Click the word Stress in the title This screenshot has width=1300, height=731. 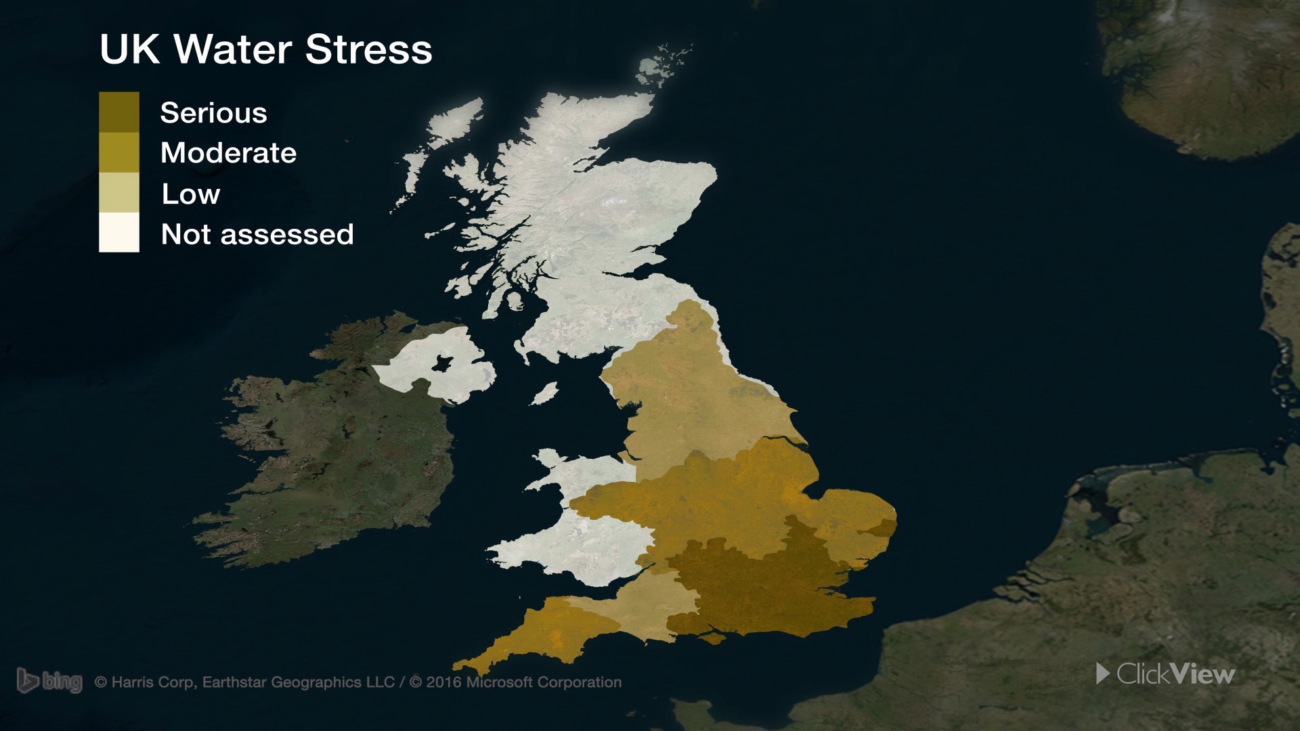click(x=368, y=49)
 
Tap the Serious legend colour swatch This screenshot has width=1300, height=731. click(x=119, y=112)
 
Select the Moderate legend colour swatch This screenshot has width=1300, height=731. click(x=119, y=152)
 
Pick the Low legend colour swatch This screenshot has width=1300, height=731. click(x=119, y=193)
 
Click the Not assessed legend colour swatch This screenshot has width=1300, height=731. click(x=119, y=233)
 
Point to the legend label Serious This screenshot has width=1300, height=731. click(x=213, y=113)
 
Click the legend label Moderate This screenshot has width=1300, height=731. click(x=228, y=153)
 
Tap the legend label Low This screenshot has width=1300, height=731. click(x=190, y=194)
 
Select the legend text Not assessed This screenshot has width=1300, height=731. click(x=257, y=234)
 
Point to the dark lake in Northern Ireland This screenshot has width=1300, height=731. click(x=443, y=363)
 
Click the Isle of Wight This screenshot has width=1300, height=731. click(x=713, y=637)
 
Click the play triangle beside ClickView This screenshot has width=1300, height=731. click(x=1103, y=673)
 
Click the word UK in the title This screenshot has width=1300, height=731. click(x=129, y=49)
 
